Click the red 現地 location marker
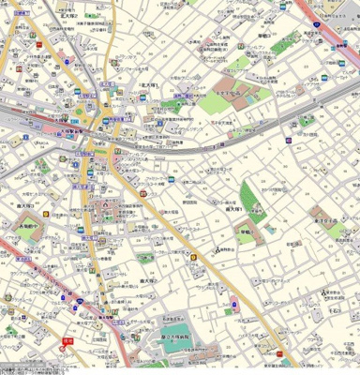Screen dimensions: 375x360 (x=67, y=341)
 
